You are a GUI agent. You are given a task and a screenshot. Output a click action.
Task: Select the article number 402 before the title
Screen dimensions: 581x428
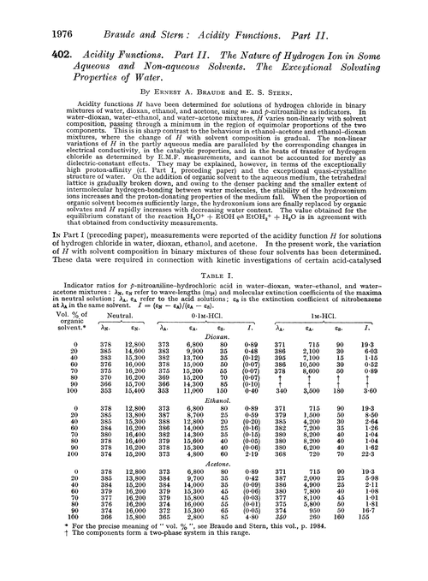[x=33, y=53]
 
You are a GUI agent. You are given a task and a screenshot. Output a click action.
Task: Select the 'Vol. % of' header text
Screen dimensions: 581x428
[x=43, y=363]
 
